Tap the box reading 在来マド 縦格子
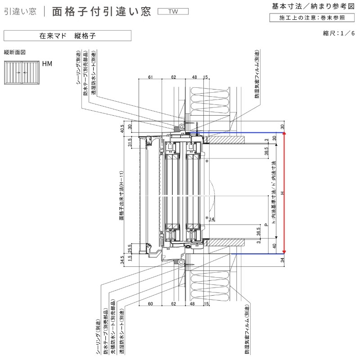tap(67, 35)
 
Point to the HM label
tap(47, 64)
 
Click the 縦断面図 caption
tap(15, 53)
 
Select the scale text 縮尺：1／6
tap(339, 33)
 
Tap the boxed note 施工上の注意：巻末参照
tap(312, 18)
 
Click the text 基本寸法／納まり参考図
tap(313, 6)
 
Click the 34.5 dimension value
tap(122, 260)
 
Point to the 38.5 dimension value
tap(266, 151)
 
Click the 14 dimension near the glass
tap(212, 219)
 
